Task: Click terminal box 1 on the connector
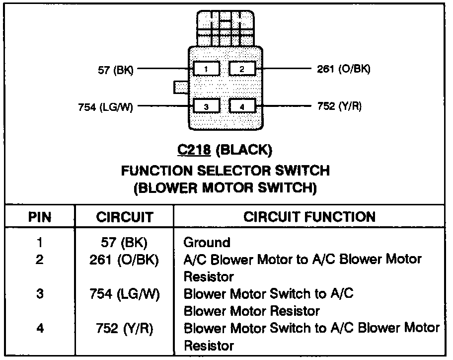pyautogui.click(x=206, y=69)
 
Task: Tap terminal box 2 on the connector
pyautogui.click(x=242, y=69)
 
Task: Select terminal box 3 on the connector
pyautogui.click(x=206, y=106)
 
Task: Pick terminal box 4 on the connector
pyautogui.click(x=242, y=106)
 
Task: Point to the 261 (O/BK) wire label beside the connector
pyautogui.click(x=343, y=69)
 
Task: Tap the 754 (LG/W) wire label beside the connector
pyautogui.click(x=105, y=107)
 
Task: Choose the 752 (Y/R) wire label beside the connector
pyautogui.click(x=339, y=106)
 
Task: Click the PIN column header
pyautogui.click(x=40, y=217)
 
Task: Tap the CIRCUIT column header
pyautogui.click(x=125, y=217)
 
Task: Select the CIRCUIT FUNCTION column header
pyautogui.click(x=309, y=216)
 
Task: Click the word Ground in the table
pyautogui.click(x=207, y=243)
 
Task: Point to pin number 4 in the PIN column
pyautogui.click(x=40, y=329)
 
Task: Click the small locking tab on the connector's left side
pyautogui.click(x=181, y=88)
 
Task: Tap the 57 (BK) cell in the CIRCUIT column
pyautogui.click(x=124, y=243)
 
